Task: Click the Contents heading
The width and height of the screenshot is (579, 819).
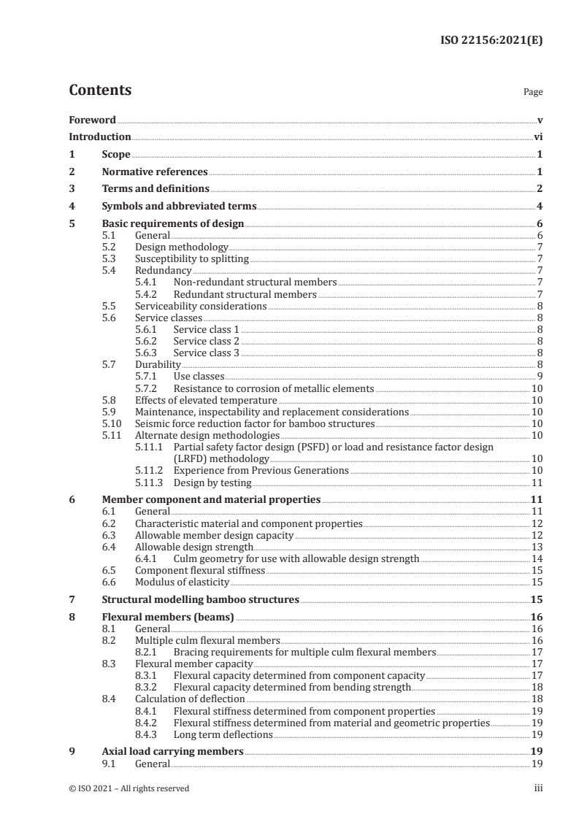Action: click(x=100, y=91)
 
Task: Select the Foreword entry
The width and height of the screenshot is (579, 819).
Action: click(x=92, y=120)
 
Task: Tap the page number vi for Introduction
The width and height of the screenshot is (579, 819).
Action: click(x=538, y=136)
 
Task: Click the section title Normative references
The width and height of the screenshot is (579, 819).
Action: click(x=155, y=172)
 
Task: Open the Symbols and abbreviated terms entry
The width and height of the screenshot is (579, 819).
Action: click(x=178, y=207)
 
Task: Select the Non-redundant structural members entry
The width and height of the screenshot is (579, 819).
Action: click(x=255, y=282)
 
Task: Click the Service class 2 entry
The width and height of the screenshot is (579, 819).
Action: click(x=206, y=342)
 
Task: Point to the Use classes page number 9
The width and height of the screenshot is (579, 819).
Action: click(x=540, y=377)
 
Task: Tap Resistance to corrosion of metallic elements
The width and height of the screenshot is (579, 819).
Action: click(x=273, y=388)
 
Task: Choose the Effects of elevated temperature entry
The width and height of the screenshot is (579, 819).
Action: click(x=206, y=400)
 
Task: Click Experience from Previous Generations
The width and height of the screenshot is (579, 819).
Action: click(x=261, y=471)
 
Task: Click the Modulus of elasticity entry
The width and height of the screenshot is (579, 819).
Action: click(x=182, y=582)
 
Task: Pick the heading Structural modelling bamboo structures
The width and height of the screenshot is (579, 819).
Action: click(x=200, y=600)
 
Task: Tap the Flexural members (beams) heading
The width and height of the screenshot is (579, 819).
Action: click(x=167, y=617)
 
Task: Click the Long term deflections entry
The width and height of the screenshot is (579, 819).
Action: click(x=222, y=734)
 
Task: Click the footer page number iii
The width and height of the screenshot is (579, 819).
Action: click(x=538, y=788)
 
